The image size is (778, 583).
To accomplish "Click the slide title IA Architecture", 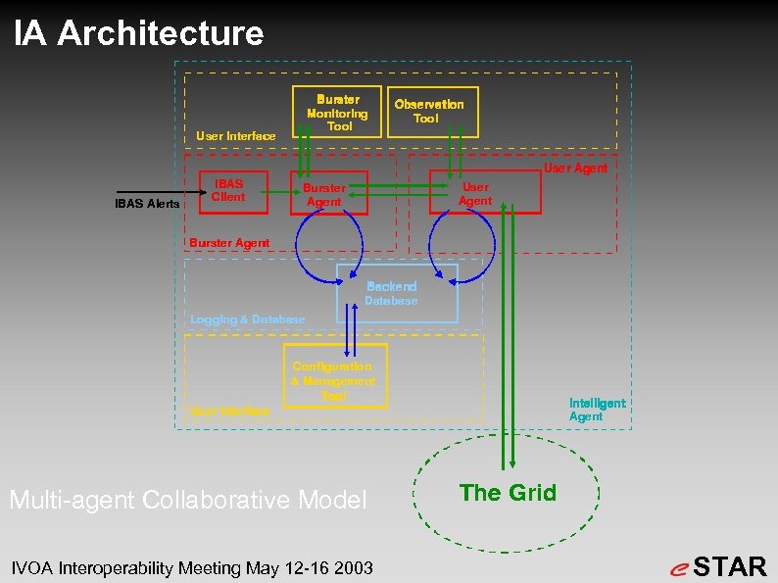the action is [139, 33].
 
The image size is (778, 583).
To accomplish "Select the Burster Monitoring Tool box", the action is [337, 112].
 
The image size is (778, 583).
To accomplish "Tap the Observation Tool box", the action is [429, 111].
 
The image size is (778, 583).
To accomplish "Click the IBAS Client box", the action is [228, 190].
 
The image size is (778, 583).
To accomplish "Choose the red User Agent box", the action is [484, 193].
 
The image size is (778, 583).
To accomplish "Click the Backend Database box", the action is [397, 293].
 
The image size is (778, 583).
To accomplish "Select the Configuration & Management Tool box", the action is [334, 375].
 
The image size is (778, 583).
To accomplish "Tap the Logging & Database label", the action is [247, 319].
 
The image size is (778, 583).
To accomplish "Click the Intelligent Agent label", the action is [597, 410].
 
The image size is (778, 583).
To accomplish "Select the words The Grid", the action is [508, 493].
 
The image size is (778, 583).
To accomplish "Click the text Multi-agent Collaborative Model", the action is [187, 500].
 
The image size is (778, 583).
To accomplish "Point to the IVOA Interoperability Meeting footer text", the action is [191, 567].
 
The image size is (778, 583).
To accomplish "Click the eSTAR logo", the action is [719, 566].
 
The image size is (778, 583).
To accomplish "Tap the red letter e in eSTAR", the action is [679, 568].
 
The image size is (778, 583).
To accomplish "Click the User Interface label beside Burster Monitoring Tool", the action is [235, 136].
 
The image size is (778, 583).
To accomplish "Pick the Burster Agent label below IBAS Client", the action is [229, 242].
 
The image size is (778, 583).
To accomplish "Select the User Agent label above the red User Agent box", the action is [575, 169].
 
